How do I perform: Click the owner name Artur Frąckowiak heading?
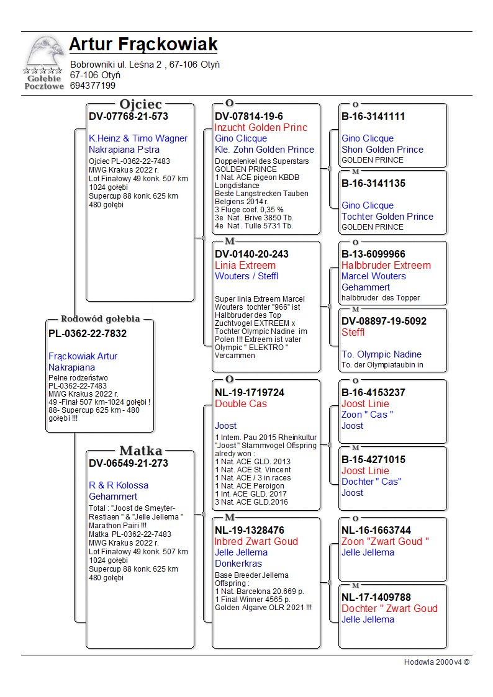(x=143, y=45)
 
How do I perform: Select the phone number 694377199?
(x=93, y=86)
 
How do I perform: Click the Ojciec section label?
(x=140, y=104)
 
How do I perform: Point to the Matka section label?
(x=140, y=451)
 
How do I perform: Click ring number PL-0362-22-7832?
(x=88, y=334)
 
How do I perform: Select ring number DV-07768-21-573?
(x=129, y=117)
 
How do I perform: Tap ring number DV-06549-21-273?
(x=129, y=464)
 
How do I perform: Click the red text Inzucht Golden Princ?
(x=261, y=128)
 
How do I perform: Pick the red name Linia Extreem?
(x=245, y=266)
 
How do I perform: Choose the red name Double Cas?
(x=241, y=404)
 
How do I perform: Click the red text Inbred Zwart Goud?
(x=256, y=542)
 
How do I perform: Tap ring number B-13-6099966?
(x=373, y=254)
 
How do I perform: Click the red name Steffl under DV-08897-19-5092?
(x=353, y=333)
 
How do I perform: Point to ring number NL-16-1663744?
(x=376, y=531)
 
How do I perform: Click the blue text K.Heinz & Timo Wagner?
(x=138, y=138)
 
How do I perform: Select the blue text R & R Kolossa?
(x=119, y=485)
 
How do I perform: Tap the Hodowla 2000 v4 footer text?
(x=436, y=662)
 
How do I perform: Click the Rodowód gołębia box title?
(x=100, y=319)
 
